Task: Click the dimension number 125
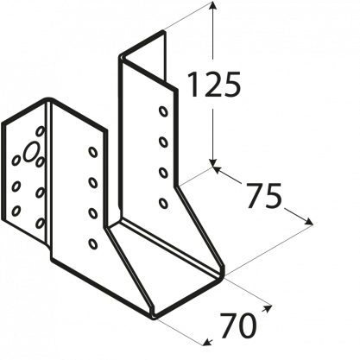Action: point(213,85)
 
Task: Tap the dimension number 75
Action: point(263,196)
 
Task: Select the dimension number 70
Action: point(238,325)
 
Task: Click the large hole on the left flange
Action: point(31,151)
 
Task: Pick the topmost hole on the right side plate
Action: point(163,111)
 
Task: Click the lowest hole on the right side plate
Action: point(163,203)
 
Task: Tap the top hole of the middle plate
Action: point(92,152)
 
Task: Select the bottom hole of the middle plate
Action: point(92,243)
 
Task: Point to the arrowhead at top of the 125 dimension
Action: point(212,5)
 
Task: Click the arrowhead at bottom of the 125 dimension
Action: point(212,162)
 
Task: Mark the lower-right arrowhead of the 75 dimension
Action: point(308,222)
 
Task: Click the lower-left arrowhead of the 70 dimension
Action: point(207,343)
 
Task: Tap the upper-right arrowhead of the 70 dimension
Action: point(267,308)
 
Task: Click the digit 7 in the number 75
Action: point(254,196)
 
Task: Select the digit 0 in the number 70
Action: point(247,325)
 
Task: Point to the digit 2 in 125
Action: point(213,85)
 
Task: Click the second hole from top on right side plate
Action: point(163,142)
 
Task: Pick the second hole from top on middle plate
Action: point(92,182)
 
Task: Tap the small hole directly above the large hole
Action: point(41,131)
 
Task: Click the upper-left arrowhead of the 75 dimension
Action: point(218,170)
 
